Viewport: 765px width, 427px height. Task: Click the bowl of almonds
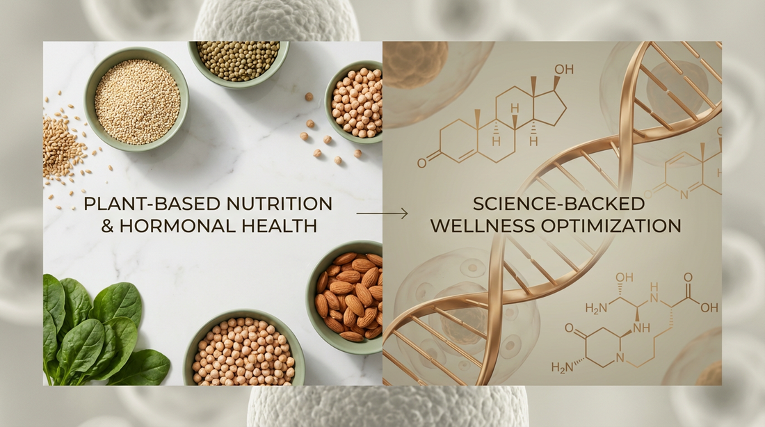point(346,297)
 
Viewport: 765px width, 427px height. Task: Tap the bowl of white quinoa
point(136,99)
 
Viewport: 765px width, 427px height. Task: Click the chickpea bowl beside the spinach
point(244,349)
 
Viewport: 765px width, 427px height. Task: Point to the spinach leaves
point(97,332)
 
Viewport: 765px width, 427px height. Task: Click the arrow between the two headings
point(382,213)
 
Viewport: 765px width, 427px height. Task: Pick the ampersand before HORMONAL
point(107,226)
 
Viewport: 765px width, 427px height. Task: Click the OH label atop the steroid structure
point(563,70)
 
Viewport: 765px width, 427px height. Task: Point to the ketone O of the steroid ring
point(421,162)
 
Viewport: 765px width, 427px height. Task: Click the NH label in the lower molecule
point(642,328)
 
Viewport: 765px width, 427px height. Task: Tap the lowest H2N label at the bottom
point(562,367)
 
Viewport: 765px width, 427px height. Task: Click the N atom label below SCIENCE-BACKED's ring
point(684,195)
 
